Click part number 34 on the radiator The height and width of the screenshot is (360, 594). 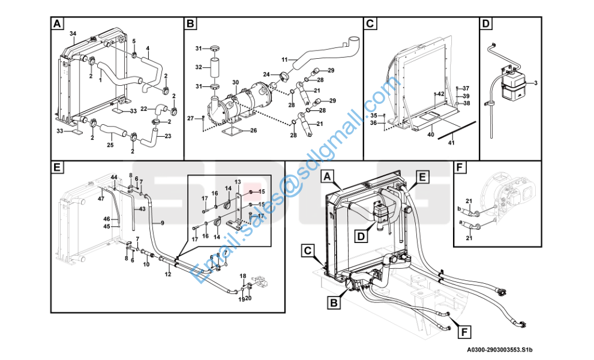click(x=73, y=34)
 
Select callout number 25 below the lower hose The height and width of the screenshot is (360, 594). click(x=110, y=145)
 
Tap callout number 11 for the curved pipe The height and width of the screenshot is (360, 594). click(x=284, y=59)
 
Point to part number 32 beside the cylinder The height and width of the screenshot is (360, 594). click(x=199, y=67)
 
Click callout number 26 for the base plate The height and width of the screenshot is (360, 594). click(x=253, y=131)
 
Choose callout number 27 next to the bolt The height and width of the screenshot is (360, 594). click(x=191, y=119)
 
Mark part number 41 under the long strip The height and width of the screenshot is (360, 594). click(x=451, y=143)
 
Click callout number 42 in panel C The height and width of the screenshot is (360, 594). click(x=440, y=94)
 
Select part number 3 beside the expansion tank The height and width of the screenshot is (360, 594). click(x=536, y=83)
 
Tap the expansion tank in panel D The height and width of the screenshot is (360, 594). click(x=512, y=85)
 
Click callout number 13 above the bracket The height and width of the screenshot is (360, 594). click(x=238, y=182)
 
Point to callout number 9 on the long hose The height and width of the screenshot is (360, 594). click(x=163, y=223)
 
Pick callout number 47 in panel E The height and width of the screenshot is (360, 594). click(x=101, y=199)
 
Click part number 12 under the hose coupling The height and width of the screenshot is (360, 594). click(x=168, y=274)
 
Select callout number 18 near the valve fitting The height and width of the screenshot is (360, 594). click(x=243, y=276)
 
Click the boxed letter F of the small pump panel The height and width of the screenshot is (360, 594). click(x=460, y=167)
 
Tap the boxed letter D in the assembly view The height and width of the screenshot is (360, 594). click(x=361, y=236)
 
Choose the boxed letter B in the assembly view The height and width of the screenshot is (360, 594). click(x=334, y=303)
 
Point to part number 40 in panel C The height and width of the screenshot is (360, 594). click(x=431, y=134)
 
